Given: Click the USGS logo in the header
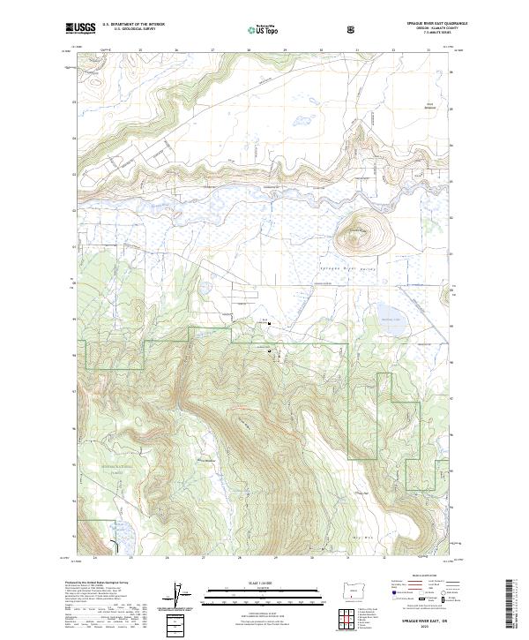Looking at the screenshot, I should (x=80, y=28).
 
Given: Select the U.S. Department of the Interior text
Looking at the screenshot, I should (x=133, y=24).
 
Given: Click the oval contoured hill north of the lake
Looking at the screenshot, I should (x=358, y=235).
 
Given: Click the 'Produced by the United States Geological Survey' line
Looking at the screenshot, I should (x=93, y=583).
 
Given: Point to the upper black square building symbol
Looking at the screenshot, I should (x=270, y=323).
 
